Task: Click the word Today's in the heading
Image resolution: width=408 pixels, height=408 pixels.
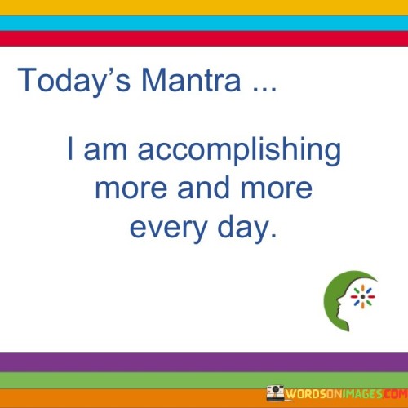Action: (x=63, y=80)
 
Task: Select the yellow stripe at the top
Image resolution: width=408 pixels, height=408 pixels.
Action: (x=204, y=7)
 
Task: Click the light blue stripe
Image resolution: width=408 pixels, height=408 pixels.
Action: (x=204, y=23)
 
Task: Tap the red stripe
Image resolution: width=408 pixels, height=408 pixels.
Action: (x=204, y=38)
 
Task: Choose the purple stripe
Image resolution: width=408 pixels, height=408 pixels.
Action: (x=204, y=361)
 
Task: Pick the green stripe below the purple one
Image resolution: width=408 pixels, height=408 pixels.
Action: (x=204, y=379)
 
